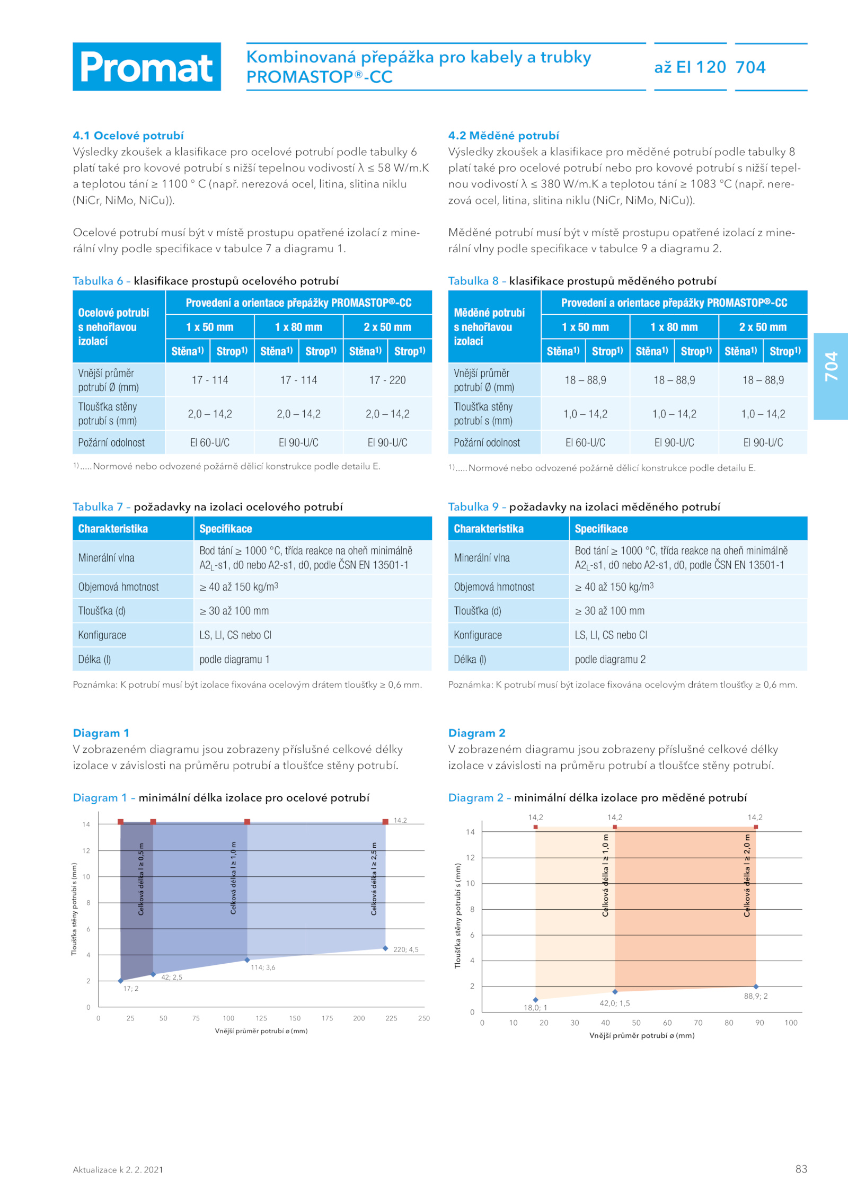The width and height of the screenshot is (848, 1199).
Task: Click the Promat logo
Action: pos(147,67)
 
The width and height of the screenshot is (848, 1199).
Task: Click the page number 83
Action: pos(801,1169)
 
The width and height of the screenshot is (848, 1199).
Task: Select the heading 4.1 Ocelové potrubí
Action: pos(128,136)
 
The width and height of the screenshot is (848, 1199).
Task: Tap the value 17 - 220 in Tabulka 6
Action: pos(387,380)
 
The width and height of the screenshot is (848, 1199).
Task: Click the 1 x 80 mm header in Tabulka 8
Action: pos(674,327)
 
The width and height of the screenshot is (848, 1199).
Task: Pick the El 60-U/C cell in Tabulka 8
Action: pos(585,442)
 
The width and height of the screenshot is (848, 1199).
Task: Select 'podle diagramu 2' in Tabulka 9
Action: pos(610,659)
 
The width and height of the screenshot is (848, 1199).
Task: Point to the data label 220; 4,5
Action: pos(406,949)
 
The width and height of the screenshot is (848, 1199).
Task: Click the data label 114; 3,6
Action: pos(263,967)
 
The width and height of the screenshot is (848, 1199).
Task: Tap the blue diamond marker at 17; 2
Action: pos(121,981)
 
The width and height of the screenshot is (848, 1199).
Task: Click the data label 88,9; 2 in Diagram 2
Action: pos(756,996)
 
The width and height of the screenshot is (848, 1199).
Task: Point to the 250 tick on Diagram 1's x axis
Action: pos(424,1018)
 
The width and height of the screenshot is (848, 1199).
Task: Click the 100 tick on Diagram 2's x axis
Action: pos(791,1023)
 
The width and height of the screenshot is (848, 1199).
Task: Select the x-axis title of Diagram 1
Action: pos(261,1031)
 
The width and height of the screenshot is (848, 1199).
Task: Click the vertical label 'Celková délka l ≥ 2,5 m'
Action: pos(374,878)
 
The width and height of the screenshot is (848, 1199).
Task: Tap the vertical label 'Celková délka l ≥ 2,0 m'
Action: pos(747,875)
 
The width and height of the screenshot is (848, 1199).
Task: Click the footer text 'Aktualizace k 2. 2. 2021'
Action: pos(118,1169)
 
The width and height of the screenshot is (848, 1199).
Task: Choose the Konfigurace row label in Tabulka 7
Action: pos(102,635)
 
